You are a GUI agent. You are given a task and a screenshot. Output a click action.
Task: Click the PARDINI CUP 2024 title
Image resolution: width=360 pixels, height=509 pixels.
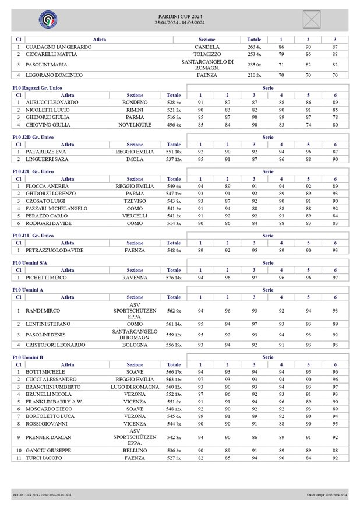pos(180,16)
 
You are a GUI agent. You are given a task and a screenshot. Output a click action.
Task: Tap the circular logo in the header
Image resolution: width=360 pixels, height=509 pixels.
pos(48,20)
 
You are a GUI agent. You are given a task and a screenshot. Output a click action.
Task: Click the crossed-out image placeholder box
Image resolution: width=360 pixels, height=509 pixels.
pos(312,19)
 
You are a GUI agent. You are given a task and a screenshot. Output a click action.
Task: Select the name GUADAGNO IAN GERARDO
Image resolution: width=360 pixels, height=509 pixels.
pos(59,47)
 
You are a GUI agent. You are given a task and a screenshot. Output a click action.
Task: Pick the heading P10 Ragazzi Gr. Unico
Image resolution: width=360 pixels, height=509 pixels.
pos(37,87)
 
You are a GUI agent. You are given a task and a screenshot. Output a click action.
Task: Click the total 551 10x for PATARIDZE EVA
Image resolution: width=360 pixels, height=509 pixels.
pos(174,152)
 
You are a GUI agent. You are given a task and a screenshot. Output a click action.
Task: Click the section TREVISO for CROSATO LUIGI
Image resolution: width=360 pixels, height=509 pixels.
pos(135,201)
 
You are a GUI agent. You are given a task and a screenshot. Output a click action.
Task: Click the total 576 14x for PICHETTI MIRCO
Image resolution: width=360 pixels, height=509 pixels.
pos(174,278)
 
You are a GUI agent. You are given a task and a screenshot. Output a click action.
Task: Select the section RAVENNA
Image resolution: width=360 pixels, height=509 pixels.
pos(135,278)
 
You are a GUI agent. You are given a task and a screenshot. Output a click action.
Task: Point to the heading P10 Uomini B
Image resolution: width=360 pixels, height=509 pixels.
pos(27,357)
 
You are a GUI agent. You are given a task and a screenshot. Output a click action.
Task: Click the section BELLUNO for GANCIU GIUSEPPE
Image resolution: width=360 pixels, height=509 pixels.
pos(135,451)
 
